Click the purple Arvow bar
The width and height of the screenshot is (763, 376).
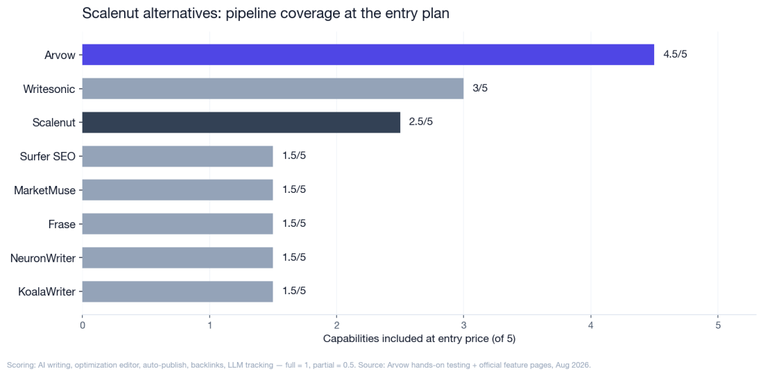[x=368, y=55]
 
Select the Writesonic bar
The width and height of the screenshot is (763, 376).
[x=273, y=89]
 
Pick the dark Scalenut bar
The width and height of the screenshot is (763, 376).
[x=241, y=122]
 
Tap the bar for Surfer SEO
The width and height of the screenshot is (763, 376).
[x=178, y=156]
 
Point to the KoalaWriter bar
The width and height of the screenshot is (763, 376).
[x=178, y=291]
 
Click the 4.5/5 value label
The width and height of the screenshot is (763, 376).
[x=675, y=55]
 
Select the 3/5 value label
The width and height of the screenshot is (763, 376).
[x=480, y=89]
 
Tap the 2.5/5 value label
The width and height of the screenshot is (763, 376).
[x=421, y=122]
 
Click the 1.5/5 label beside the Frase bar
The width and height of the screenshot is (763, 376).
[x=294, y=224]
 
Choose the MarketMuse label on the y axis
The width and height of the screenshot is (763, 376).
[x=45, y=190]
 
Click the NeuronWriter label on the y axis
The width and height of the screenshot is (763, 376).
[x=43, y=258]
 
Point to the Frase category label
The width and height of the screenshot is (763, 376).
[x=62, y=224]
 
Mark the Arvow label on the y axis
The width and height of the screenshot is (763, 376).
[x=60, y=55]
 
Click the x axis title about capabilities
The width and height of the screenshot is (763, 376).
[x=419, y=339]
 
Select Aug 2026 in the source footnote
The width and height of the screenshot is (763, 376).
[x=575, y=365]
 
